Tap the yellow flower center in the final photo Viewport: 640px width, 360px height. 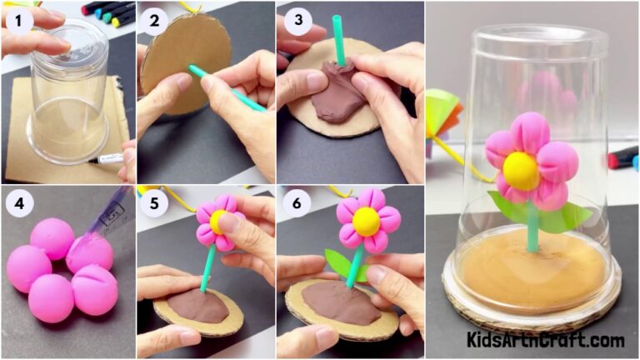(521, 170)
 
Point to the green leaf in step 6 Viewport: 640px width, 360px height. (338, 265)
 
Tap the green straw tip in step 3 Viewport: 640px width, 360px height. (337, 25)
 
